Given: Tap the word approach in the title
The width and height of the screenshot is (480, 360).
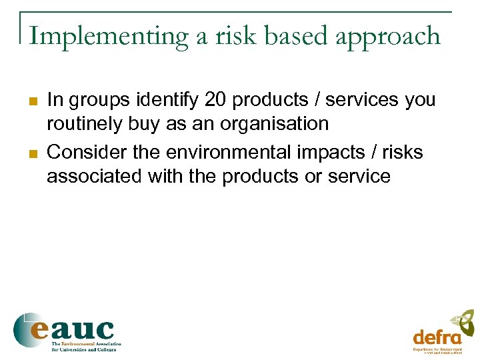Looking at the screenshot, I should click(x=388, y=37).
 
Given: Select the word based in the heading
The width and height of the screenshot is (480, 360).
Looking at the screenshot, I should click(x=293, y=36).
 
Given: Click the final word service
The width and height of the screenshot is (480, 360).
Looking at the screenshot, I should click(x=358, y=176).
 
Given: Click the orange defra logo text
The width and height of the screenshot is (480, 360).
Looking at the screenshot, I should click(x=437, y=337).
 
